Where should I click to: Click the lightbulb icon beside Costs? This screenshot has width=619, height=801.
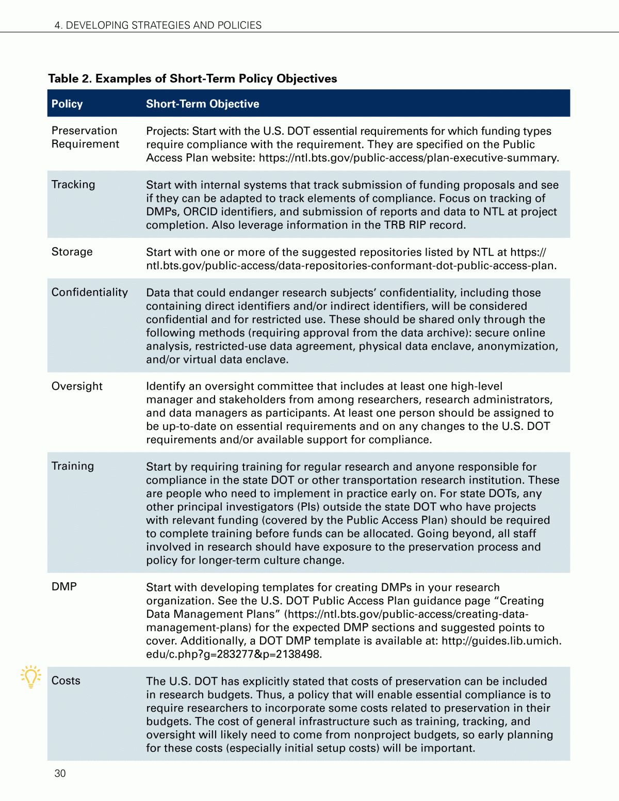coord(31,676)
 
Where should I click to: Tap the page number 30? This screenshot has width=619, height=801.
coord(60,773)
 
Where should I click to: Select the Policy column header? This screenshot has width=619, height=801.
coord(67,104)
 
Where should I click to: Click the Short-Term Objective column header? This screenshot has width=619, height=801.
coord(202,104)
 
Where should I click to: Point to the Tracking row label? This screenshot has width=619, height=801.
coord(73,185)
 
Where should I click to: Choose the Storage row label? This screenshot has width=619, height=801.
coord(72,252)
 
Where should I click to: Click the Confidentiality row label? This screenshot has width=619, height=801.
coord(90,293)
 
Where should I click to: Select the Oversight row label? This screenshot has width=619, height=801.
coord(77,387)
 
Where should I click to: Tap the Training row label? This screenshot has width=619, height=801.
coord(73,466)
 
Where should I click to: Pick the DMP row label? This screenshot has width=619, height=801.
coord(64,587)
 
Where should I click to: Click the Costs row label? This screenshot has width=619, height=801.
coord(66,681)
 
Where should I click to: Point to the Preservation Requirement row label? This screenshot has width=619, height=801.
coord(85,137)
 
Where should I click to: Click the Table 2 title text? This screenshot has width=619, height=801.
coord(192,78)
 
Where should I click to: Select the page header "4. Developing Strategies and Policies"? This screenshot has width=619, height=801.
coord(158,25)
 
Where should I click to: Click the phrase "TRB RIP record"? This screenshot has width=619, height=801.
coord(424,225)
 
